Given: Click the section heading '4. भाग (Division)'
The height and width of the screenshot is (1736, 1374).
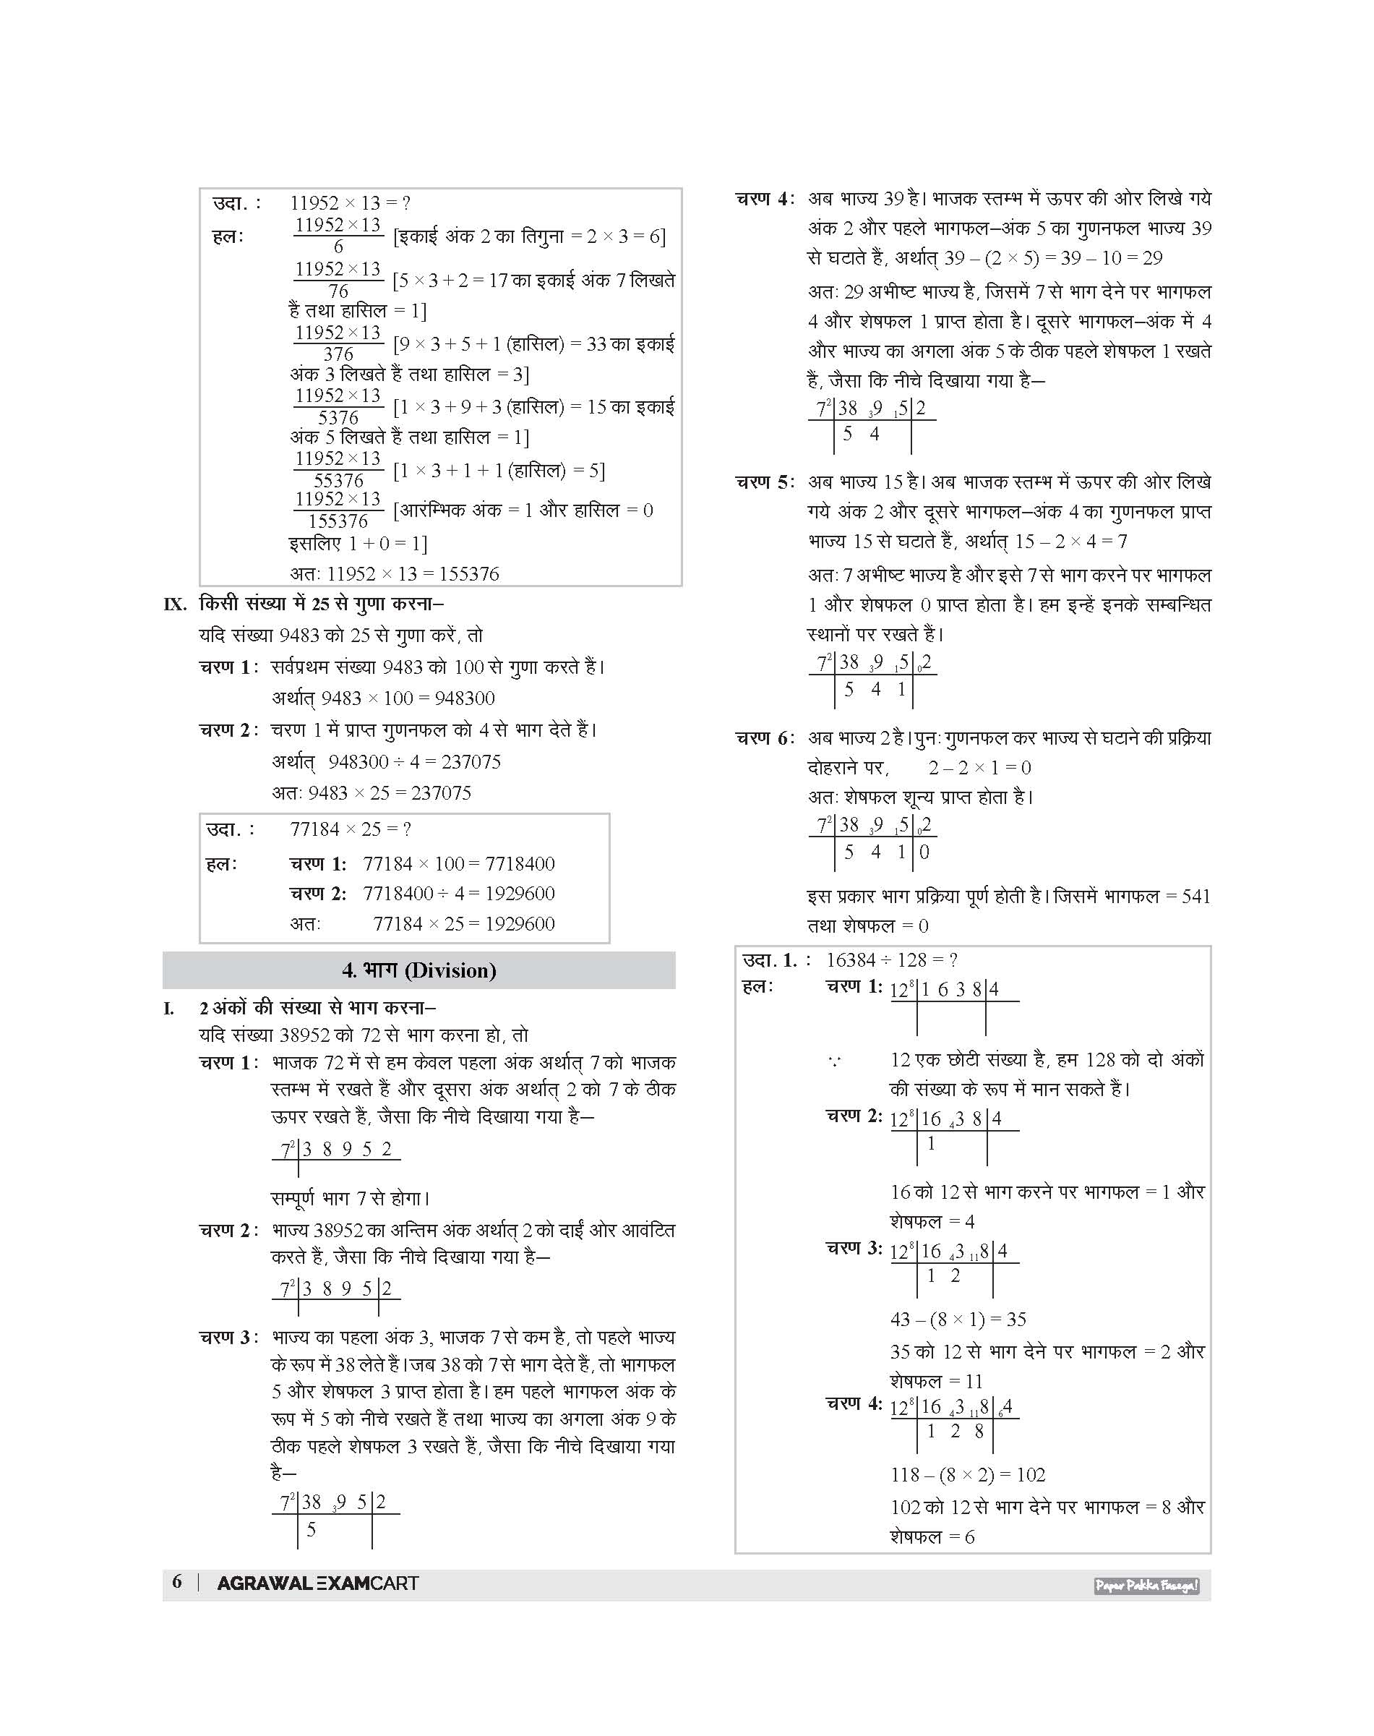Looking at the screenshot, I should [x=418, y=970].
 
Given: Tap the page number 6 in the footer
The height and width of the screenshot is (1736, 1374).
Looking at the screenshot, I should [x=177, y=1581].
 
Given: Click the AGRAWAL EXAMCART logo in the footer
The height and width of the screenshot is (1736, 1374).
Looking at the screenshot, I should [x=318, y=1583].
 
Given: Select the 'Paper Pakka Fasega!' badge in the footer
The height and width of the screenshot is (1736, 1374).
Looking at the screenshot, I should [x=1146, y=1586].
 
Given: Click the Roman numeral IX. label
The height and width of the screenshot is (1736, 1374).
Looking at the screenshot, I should [x=175, y=604].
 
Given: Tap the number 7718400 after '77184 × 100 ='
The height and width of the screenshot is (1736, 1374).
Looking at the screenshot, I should [x=520, y=863].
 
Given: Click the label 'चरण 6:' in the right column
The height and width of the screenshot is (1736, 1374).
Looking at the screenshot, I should [x=764, y=738].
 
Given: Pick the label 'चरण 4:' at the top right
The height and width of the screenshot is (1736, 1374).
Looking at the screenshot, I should [x=764, y=199].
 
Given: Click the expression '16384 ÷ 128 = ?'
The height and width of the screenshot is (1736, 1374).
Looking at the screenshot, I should [x=891, y=960].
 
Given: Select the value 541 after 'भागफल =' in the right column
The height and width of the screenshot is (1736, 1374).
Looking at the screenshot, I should [x=1195, y=897].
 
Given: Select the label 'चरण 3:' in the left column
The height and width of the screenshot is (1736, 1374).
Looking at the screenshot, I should [x=229, y=1338].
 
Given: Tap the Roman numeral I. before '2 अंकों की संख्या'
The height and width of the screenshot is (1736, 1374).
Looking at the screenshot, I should [x=169, y=1009].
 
